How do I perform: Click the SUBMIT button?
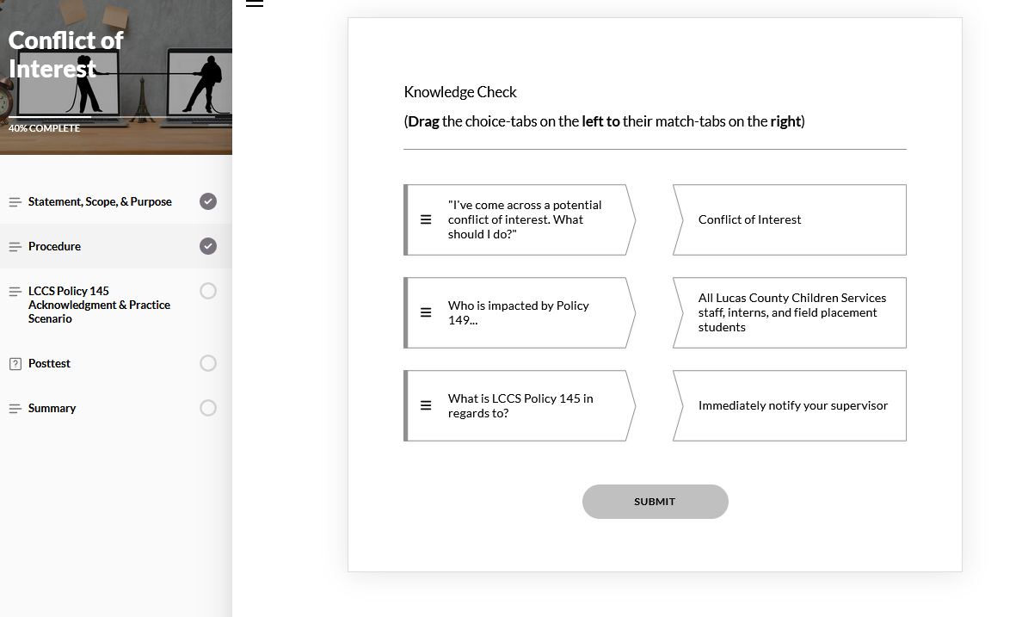tap(655, 502)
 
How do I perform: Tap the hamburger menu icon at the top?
tap(255, 3)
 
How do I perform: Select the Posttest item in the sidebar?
tap(49, 363)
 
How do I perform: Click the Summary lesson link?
tap(52, 408)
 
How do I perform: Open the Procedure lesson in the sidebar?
tap(54, 246)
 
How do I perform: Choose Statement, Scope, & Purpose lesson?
tap(100, 202)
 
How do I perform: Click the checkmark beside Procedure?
tap(208, 246)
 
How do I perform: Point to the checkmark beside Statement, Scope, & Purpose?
tap(208, 201)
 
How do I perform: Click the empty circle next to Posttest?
tap(208, 363)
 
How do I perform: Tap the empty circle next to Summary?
tap(208, 408)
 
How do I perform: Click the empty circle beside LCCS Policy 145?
tap(208, 291)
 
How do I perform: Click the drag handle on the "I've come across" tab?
tap(426, 219)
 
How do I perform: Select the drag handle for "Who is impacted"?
tap(426, 312)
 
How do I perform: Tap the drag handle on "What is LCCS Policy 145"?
tap(426, 406)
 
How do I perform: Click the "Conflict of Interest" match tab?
tap(790, 219)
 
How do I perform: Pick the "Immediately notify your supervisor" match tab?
tap(790, 406)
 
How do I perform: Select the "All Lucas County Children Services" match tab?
tap(790, 312)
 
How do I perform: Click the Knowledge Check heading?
tap(460, 92)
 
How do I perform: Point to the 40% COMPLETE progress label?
tap(44, 128)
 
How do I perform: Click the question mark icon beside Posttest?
tap(15, 364)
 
